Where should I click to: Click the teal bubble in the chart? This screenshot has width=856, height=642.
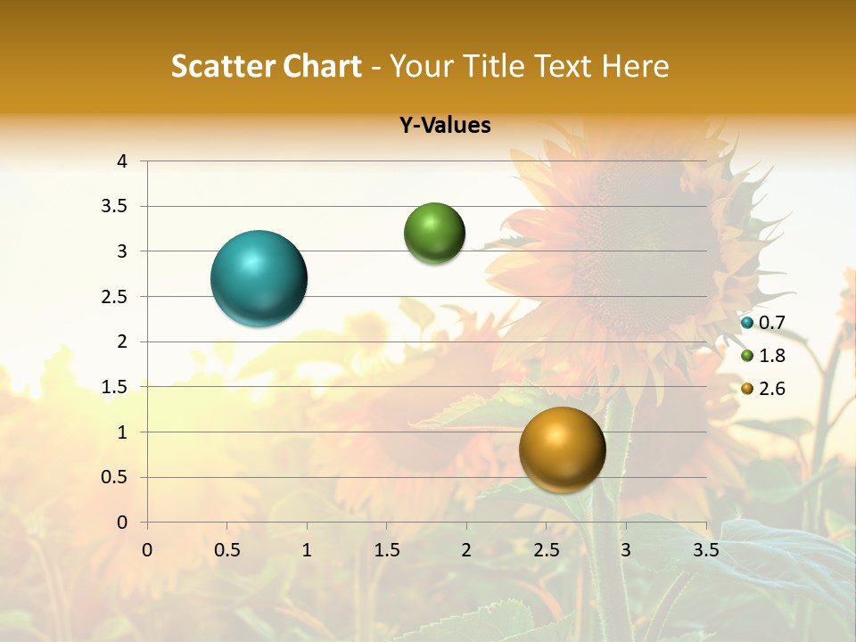tap(259, 278)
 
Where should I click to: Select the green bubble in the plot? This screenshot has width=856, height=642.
tap(434, 234)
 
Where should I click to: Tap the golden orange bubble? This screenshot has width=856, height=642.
tap(562, 449)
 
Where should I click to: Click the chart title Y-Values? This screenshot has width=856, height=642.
tap(445, 126)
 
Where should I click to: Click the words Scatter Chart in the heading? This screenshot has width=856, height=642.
tap(266, 66)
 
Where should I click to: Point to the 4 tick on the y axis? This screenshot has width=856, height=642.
tap(123, 161)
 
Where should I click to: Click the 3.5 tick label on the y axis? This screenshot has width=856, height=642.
tap(115, 207)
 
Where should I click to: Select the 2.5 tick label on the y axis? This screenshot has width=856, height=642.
tap(115, 297)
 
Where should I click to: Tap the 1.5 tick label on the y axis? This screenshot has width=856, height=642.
tap(115, 387)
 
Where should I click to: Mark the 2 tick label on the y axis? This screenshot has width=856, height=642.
tap(123, 342)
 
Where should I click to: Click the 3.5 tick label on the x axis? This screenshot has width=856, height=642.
tap(706, 550)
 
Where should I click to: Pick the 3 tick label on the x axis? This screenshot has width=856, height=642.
tap(626, 550)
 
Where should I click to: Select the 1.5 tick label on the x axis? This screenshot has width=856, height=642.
tap(386, 550)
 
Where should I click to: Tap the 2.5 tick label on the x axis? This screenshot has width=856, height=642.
tap(546, 550)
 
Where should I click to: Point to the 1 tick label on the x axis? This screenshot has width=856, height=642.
tap(307, 550)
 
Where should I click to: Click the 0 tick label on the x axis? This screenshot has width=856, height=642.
tap(147, 550)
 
